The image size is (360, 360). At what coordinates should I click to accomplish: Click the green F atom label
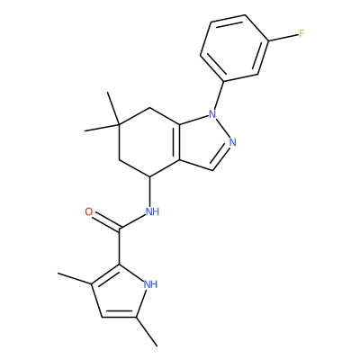pos(301,33)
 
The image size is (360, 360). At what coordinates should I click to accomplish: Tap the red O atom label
pos(89,212)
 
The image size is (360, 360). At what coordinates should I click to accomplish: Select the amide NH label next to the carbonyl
pos(152,211)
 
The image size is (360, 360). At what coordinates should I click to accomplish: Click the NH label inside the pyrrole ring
pos(150,283)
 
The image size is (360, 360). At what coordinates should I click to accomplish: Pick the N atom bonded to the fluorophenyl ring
pos(212,114)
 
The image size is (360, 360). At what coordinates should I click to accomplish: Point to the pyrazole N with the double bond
pos(232,142)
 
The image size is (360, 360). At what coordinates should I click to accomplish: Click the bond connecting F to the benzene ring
pos(283,38)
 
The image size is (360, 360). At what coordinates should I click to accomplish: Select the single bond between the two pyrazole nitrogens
pos(222,128)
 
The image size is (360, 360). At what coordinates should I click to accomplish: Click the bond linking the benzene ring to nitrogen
pos(219,95)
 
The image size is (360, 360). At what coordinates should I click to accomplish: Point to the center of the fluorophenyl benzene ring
pos(234,48)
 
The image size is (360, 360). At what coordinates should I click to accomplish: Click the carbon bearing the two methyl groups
pos(119,124)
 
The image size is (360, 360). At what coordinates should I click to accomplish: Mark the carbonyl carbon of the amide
pos(120,230)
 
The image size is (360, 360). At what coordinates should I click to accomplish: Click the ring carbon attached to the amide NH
pos(149,176)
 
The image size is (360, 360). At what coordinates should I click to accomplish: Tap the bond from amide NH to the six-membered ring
pos(149,192)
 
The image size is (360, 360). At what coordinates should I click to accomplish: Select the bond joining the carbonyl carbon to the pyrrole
pos(120,247)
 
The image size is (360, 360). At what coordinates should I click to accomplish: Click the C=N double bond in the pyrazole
pos(221,158)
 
